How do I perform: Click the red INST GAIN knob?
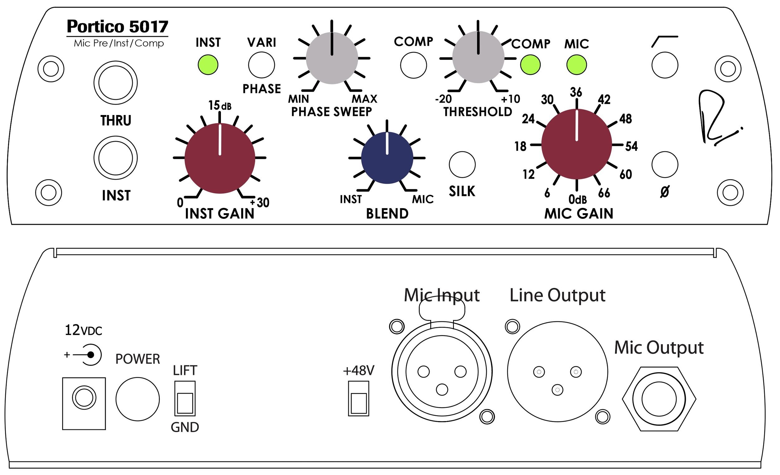point(220,158)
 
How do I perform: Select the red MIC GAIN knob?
point(577,145)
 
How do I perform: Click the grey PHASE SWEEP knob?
point(332,58)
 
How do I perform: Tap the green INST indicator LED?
point(208,65)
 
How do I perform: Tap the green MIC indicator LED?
point(577,65)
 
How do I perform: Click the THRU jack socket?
point(115,83)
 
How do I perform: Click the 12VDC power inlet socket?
point(84,397)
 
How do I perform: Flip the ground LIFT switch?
point(185,398)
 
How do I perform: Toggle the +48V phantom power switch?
point(358,398)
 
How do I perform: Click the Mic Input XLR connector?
point(441,372)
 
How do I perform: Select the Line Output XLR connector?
point(557,372)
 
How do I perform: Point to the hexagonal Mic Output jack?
point(659,399)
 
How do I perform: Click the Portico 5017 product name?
point(117,26)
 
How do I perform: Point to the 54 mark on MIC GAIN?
point(631,146)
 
